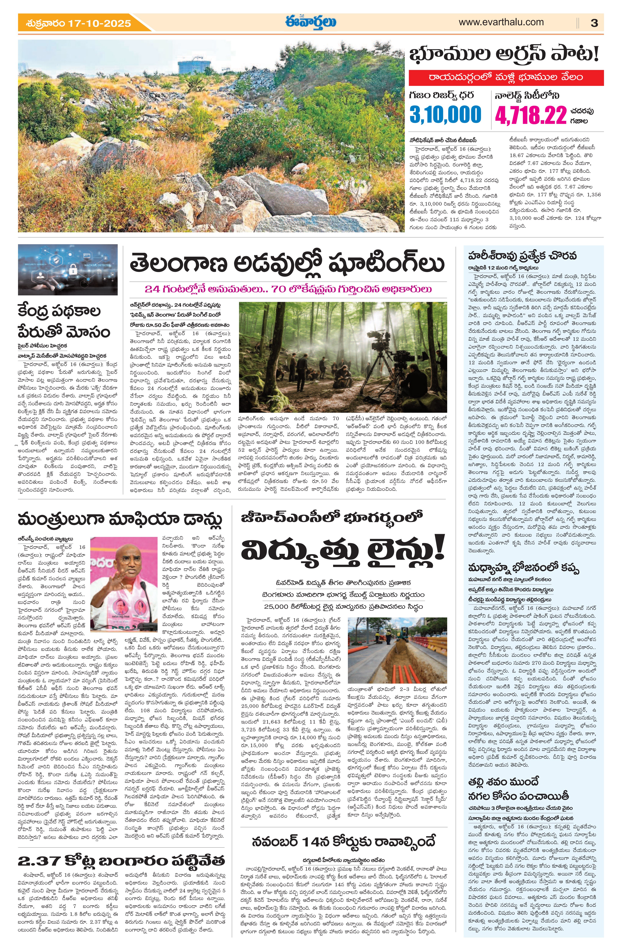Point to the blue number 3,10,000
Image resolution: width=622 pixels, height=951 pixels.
(x=445, y=115)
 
